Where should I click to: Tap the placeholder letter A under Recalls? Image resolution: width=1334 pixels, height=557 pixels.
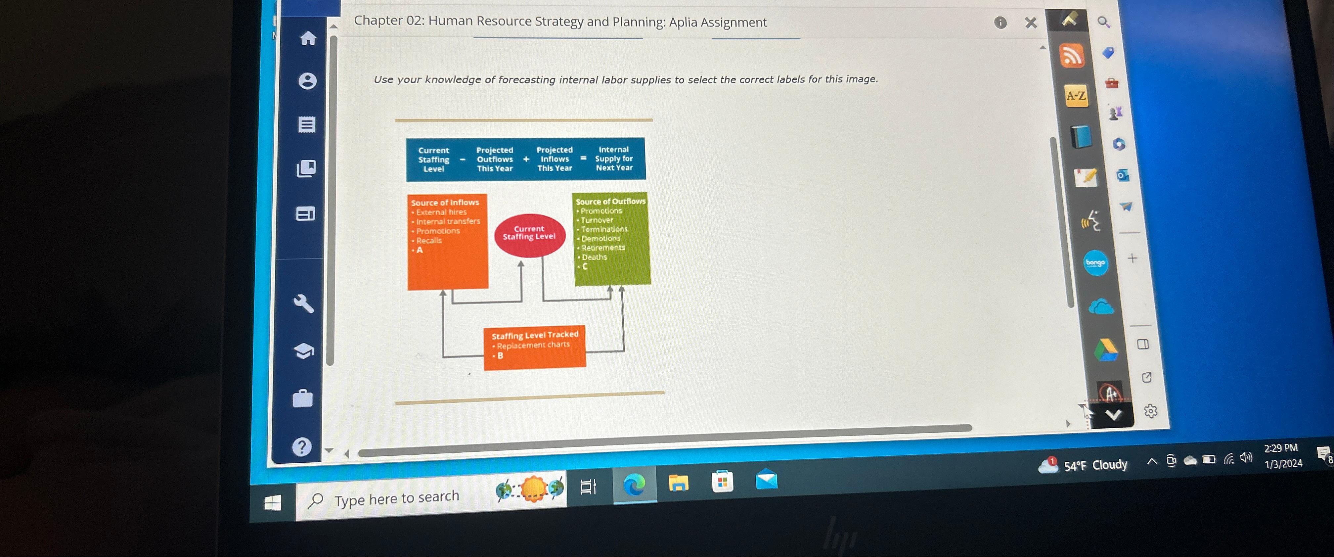[x=420, y=250]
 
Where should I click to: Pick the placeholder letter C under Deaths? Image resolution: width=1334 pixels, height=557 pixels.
[x=585, y=266]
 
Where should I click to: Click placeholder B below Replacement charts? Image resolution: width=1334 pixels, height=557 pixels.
[x=500, y=356]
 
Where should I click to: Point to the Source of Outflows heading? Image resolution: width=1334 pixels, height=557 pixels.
[x=610, y=201]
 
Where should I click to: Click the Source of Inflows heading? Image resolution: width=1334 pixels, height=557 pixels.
[x=445, y=203]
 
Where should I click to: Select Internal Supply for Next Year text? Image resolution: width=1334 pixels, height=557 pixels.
[x=614, y=159]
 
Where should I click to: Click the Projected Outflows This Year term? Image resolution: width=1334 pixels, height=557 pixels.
[x=495, y=159]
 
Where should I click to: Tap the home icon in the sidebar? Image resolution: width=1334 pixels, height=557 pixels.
[x=308, y=38]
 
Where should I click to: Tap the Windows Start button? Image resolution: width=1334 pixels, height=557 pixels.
[x=272, y=502]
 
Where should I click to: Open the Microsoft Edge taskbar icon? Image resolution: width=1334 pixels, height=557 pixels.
[x=634, y=485]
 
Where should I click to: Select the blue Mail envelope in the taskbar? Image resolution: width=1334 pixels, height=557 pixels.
[x=767, y=480]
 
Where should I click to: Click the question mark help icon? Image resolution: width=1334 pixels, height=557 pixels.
[x=302, y=446]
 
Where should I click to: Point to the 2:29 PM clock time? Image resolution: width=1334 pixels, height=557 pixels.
[x=1281, y=448]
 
